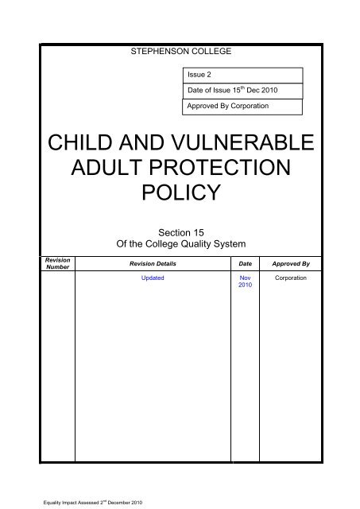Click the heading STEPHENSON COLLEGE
[180, 52]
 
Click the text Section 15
[180, 231]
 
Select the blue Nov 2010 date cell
[244, 284]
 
